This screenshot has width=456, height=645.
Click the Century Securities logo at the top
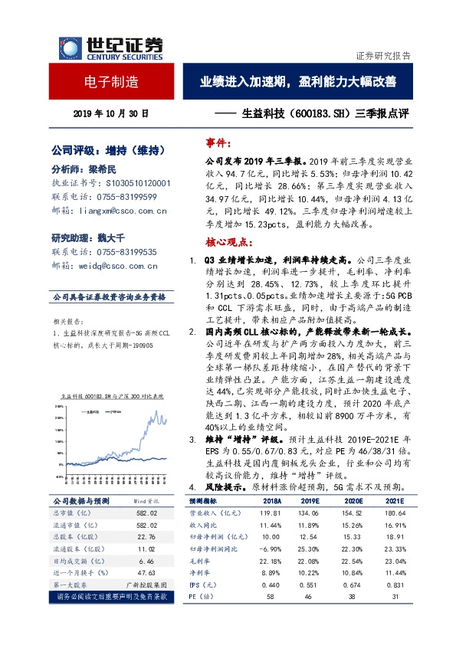pos(107,47)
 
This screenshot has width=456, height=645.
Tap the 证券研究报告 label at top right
pos(383,56)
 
